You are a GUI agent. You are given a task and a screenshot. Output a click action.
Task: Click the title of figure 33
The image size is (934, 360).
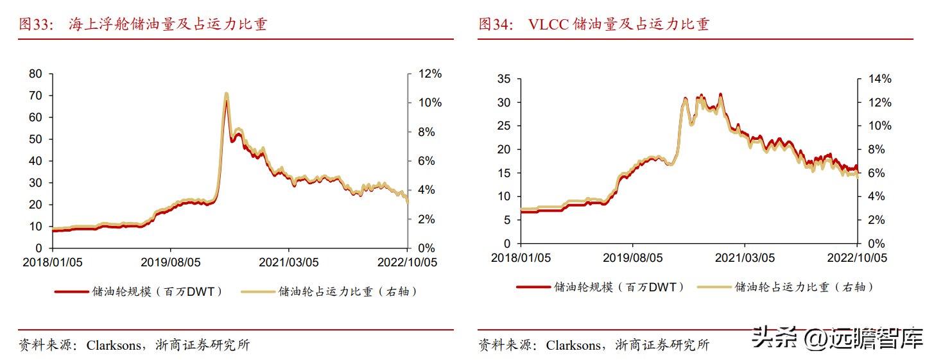pyautogui.click(x=143, y=24)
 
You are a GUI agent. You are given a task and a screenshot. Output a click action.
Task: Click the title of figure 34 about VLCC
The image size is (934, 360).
pyautogui.click(x=594, y=24)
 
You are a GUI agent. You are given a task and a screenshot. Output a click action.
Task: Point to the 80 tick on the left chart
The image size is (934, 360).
pyautogui.click(x=36, y=74)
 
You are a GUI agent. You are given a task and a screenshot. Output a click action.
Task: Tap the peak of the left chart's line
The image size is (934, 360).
pyautogui.click(x=226, y=95)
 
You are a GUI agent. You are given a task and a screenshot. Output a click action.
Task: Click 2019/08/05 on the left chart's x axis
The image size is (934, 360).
pyautogui.click(x=171, y=262)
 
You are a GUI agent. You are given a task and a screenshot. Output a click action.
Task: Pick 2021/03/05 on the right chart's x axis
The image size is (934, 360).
pyautogui.click(x=745, y=258)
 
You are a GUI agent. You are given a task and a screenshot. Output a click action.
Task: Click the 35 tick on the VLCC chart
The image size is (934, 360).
pyautogui.click(x=503, y=79)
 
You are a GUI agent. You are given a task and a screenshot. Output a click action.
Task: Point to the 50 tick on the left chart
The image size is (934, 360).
pyautogui.click(x=36, y=139)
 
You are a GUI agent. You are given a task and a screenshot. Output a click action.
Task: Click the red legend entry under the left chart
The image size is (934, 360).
pyautogui.click(x=139, y=291)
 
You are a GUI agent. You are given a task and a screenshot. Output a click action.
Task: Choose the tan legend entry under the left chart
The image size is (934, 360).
pyautogui.click(x=329, y=291)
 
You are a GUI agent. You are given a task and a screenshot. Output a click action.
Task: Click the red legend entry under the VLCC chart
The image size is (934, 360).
pyautogui.click(x=601, y=287)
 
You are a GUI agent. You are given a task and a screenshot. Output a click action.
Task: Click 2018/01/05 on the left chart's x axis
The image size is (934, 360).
pyautogui.click(x=53, y=262)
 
